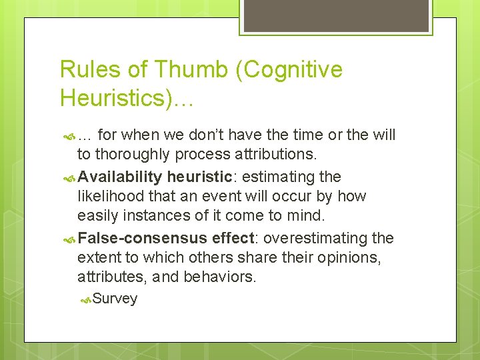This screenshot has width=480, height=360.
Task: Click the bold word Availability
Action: [x=119, y=177]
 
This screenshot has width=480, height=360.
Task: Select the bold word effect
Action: [x=231, y=238]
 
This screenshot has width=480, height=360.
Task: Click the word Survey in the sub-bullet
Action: [x=115, y=299]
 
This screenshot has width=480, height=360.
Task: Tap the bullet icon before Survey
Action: [x=85, y=299]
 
